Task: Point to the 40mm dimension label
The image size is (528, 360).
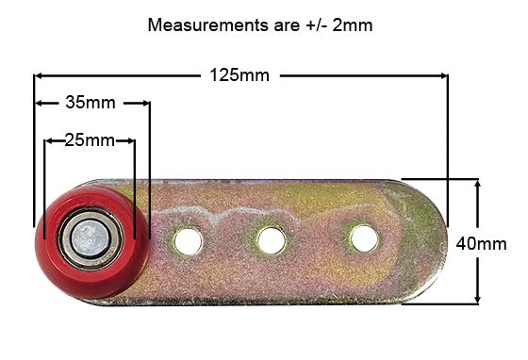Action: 481,242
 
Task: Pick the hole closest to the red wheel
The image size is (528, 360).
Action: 189,241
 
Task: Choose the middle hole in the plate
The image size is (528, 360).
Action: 272,240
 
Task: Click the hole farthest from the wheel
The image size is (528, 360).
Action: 364,238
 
